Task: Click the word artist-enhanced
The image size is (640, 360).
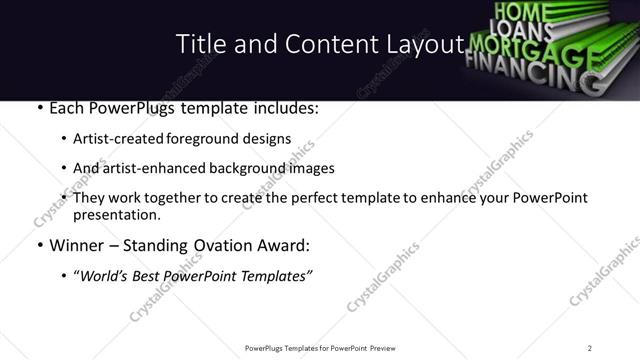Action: (x=138, y=169)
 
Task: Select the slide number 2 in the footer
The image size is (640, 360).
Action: (x=590, y=347)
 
